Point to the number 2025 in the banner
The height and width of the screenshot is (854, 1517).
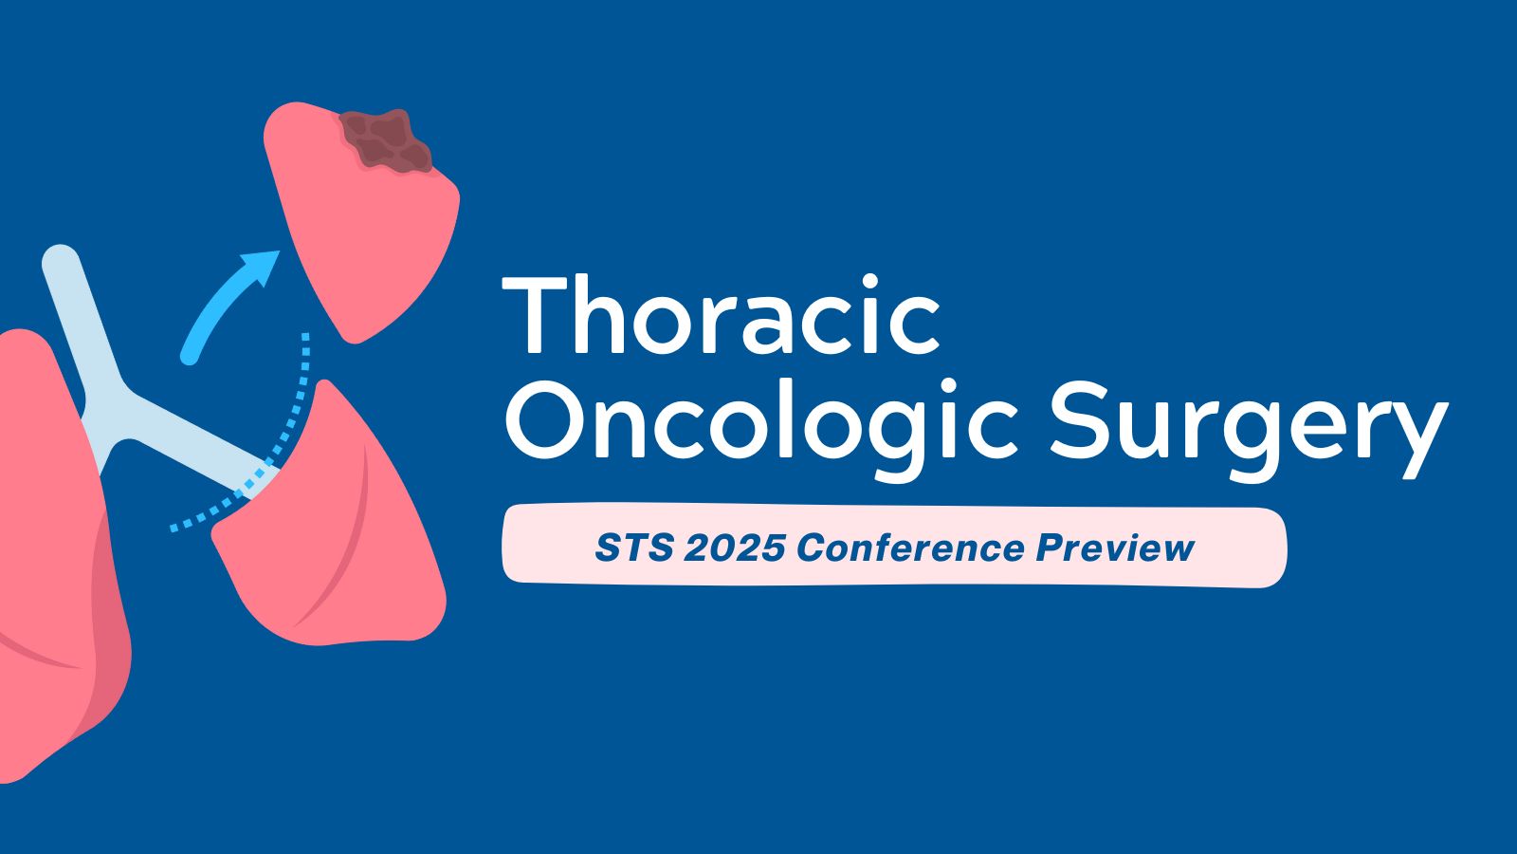pos(730,548)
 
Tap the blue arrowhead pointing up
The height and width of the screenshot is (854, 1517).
pos(261,266)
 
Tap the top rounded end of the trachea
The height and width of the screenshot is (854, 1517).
pos(60,262)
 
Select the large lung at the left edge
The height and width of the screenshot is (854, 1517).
pos(47,569)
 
